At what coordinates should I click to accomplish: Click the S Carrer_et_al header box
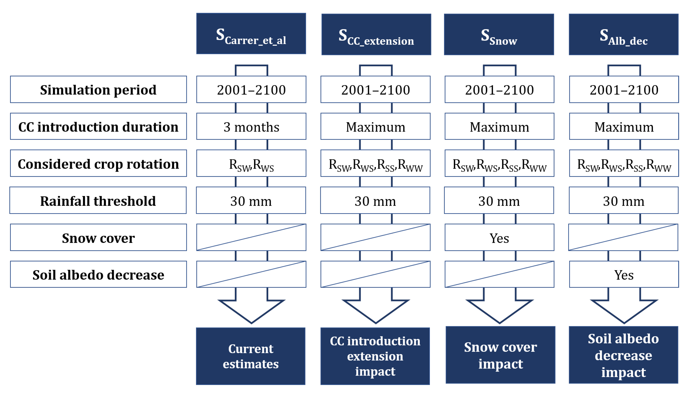tap(251, 34)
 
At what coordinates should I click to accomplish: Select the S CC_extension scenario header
tap(376, 34)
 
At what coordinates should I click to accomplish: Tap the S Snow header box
tap(499, 34)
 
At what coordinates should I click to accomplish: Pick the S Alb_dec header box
tap(623, 34)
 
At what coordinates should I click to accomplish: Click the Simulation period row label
tap(98, 90)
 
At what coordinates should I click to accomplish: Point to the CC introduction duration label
tap(98, 126)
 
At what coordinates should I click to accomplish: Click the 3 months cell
tap(251, 126)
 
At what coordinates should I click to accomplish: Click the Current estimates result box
tap(251, 356)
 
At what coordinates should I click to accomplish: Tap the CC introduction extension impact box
tap(375, 356)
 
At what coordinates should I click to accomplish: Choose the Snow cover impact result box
tap(500, 355)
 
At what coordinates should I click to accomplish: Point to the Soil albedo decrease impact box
tap(623, 355)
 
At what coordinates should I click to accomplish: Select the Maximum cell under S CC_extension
tap(375, 126)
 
